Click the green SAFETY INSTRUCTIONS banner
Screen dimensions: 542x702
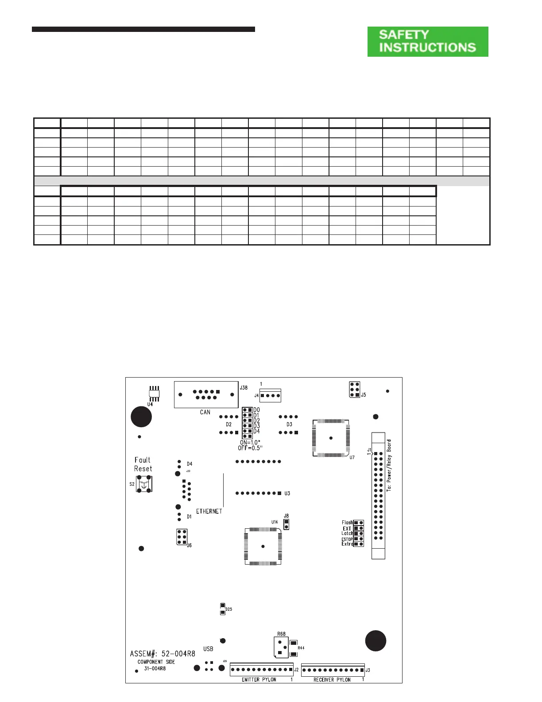pyautogui.click(x=428, y=41)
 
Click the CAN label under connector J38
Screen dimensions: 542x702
pyautogui.click(x=205, y=412)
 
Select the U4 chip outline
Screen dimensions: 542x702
pyautogui.click(x=154, y=394)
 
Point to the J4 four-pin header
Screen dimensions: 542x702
pyautogui.click(x=270, y=395)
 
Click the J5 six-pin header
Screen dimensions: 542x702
pyautogui.click(x=354, y=390)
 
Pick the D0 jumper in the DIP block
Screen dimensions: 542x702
pyautogui.click(x=248, y=410)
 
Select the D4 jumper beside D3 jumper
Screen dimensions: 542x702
pyautogui.click(x=248, y=431)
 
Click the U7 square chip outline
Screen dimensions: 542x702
pyautogui.click(x=331, y=438)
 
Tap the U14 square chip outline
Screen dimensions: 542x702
pyautogui.click(x=263, y=546)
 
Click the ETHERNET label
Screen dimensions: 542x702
pyautogui.click(x=209, y=511)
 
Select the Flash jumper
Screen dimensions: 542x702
pyautogui.click(x=358, y=523)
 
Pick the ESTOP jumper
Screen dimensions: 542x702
pyautogui.click(x=358, y=539)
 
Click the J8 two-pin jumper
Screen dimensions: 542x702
pyautogui.click(x=286, y=524)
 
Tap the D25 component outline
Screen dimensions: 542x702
pyautogui.click(x=223, y=609)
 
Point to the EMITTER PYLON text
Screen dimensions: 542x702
pyautogui.click(x=259, y=679)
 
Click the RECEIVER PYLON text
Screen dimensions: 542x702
pyautogui.click(x=332, y=679)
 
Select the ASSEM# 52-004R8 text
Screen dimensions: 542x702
pyautogui.click(x=163, y=654)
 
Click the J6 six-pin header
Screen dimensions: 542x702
pyautogui.click(x=182, y=537)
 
